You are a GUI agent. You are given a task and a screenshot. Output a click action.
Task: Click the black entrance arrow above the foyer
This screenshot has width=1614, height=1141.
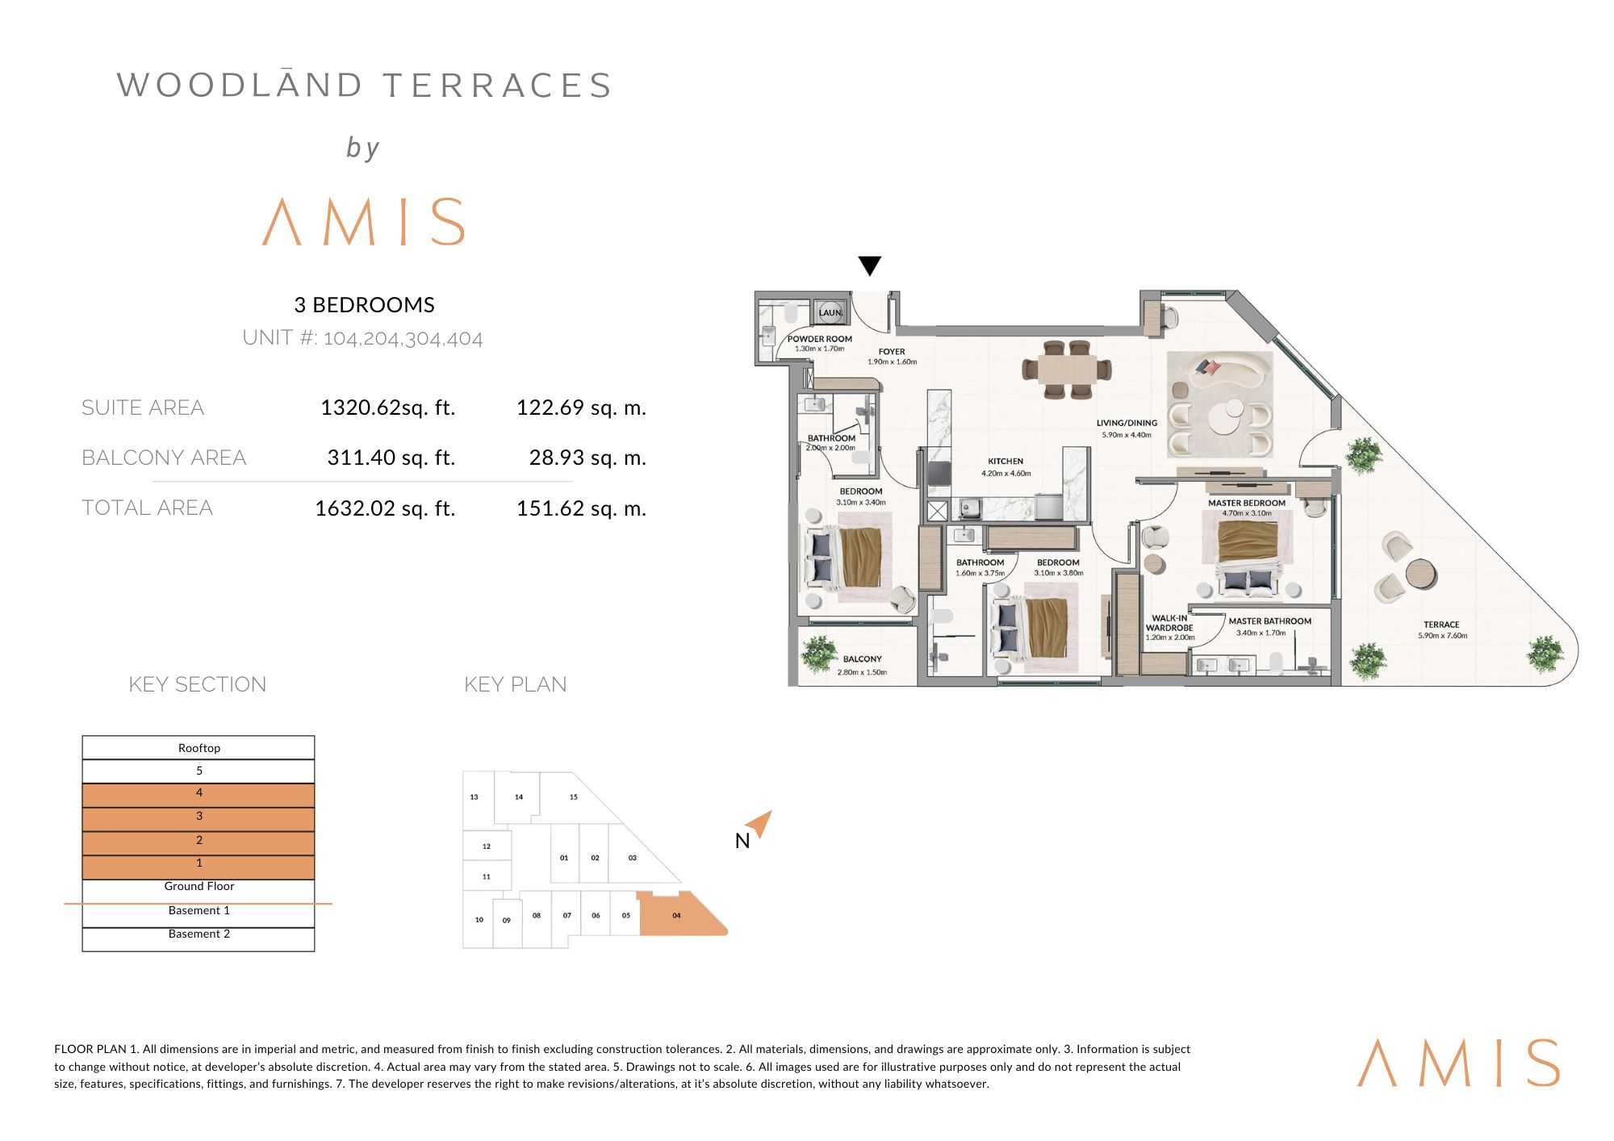[869, 265]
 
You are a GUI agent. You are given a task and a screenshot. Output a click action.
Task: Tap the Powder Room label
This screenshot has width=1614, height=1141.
[819, 339]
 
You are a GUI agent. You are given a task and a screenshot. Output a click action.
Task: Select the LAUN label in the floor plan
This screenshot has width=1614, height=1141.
[830, 312]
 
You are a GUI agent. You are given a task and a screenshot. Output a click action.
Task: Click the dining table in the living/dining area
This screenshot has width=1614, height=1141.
[1066, 370]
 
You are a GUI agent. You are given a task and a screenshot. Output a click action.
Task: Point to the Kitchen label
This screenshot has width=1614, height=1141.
[1006, 462]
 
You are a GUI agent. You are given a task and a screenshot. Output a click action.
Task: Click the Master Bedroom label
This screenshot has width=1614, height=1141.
[1246, 503]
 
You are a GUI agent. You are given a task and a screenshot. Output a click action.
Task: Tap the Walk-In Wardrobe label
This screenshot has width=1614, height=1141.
[1169, 623]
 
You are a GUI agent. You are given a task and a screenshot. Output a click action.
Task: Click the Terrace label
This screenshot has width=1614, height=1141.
[1441, 625]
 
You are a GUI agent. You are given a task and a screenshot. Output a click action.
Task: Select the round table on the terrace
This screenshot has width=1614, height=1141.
[1420, 574]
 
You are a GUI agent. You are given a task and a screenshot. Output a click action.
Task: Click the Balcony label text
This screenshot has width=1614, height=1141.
[862, 659]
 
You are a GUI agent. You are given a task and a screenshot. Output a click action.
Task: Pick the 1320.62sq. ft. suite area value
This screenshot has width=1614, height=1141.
[387, 407]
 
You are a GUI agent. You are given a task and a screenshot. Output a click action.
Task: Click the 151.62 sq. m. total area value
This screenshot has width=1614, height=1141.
[581, 508]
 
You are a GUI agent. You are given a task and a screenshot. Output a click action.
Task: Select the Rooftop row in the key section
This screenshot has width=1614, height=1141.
[199, 748]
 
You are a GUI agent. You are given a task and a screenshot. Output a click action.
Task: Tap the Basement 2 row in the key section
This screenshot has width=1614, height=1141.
[199, 934]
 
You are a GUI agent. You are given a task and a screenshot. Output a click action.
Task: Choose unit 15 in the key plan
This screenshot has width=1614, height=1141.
[573, 797]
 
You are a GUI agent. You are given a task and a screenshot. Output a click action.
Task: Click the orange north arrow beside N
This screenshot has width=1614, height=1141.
[759, 824]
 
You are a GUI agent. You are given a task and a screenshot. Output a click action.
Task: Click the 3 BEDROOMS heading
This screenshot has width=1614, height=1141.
[364, 305]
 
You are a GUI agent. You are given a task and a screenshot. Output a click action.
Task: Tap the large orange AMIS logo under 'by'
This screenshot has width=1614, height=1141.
[364, 222]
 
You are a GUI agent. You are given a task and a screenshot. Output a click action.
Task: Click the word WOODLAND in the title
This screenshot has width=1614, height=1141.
[240, 86]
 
